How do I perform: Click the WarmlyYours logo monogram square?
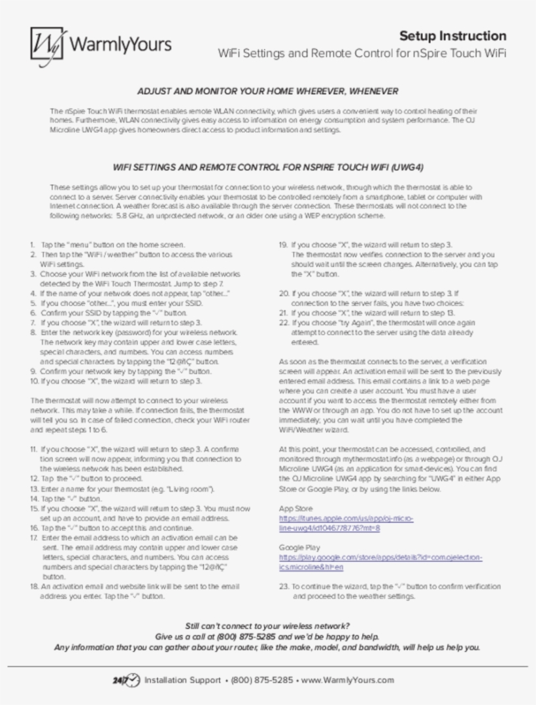pos(48,47)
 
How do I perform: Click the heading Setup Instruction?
pos(452,36)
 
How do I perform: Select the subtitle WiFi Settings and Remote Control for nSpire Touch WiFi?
pos(361,53)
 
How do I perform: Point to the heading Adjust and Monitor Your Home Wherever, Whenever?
pos(267,91)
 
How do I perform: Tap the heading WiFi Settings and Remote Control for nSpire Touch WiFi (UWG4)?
pos(268,166)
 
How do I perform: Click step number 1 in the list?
pos(33,243)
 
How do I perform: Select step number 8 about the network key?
pos(33,333)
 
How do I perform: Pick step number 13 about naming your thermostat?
pos(34,489)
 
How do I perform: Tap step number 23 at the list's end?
pos(284,587)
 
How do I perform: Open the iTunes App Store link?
pos(346,523)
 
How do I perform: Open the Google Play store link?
pos(380,562)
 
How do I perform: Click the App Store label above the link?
pos(296,508)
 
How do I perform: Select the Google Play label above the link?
pos(299,547)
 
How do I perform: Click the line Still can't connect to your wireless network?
pos(267,625)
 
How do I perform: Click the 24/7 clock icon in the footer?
pos(126,680)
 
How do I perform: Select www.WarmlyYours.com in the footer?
pos(347,680)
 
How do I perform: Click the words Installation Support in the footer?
pos(182,680)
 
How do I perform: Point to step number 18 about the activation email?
pos(34,587)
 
